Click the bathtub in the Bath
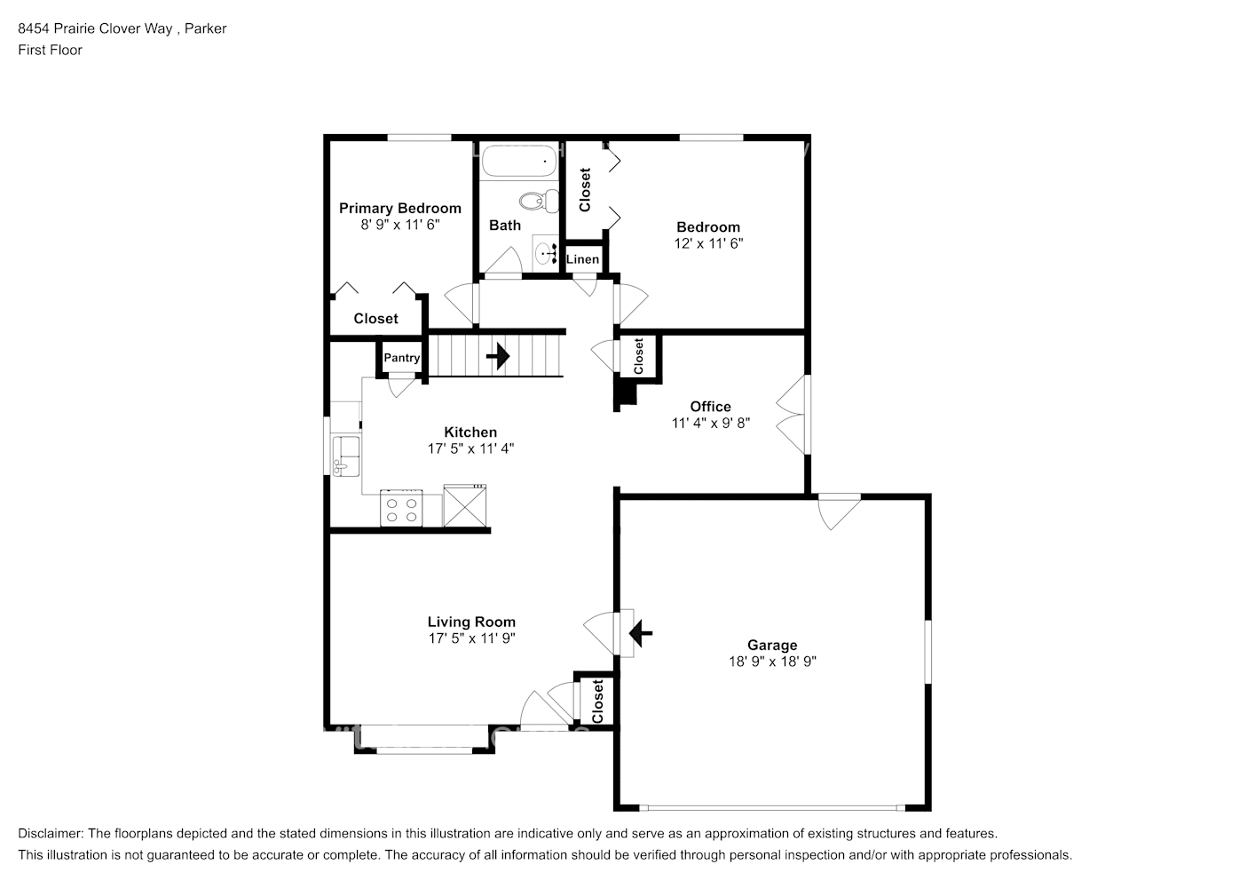519,163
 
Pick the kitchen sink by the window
345,456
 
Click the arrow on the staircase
498,356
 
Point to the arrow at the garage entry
639,633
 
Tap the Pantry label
401,358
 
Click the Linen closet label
582,259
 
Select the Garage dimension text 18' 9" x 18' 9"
771,662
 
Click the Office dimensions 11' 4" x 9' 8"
710,424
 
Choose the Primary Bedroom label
399,209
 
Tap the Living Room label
471,622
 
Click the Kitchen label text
470,432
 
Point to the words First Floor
50,50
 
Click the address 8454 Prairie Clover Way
97,28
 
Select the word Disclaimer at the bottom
50,834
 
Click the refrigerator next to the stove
465,506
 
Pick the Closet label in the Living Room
597,701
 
